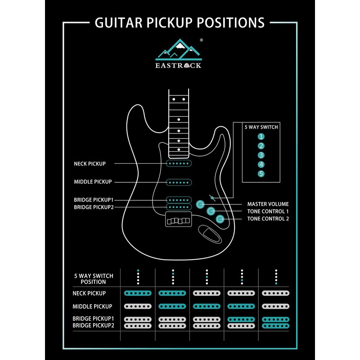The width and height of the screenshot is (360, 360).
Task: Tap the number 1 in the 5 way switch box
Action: pos(261,136)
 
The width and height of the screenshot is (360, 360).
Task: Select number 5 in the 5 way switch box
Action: pos(261,174)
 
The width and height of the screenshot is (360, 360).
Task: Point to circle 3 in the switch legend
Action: pos(261,155)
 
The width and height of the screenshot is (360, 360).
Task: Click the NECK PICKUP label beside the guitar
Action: pos(90,164)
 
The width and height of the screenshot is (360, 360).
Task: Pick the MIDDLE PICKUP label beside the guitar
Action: pos(93,182)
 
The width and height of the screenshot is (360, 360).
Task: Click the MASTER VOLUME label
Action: pos(268,204)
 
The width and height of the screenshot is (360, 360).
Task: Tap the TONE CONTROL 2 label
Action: pos(268,219)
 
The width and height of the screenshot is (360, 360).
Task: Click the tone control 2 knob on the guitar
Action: pos(220,219)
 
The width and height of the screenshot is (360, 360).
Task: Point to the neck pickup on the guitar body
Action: pos(180,164)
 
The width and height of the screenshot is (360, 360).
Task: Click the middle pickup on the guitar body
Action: pos(180,182)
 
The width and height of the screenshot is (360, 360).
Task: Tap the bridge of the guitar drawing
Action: pos(180,220)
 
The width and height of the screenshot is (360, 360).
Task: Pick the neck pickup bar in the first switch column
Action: pos(138,293)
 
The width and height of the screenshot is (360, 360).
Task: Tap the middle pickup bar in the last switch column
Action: pos(276,306)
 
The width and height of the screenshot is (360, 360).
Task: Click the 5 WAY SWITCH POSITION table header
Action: pos(94,279)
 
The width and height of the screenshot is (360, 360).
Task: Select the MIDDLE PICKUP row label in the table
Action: pos(92,306)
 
